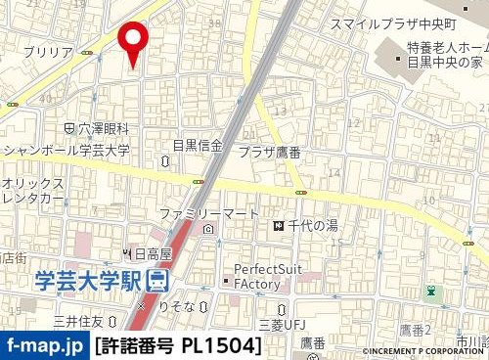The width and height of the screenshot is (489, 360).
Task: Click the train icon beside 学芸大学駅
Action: [156, 281]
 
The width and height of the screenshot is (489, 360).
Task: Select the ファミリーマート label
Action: [208, 213]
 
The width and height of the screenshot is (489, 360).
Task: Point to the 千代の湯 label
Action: [312, 227]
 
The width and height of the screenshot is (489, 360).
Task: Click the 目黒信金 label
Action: [198, 145]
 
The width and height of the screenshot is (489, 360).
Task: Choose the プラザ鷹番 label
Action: [268, 152]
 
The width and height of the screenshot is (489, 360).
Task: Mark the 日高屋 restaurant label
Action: [152, 253]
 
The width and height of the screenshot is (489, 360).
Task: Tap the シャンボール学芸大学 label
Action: [67, 151]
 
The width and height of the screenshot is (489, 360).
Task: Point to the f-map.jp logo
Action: [44, 345]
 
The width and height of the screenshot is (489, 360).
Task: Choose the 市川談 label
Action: [472, 340]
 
